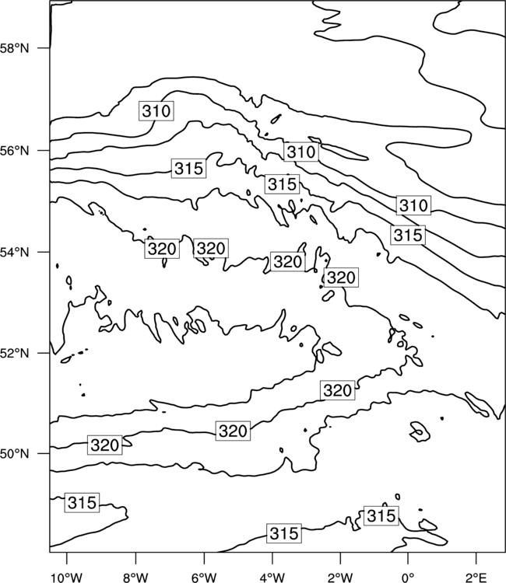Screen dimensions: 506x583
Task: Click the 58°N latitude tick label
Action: [14, 48]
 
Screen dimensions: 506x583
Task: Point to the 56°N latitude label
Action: [14, 151]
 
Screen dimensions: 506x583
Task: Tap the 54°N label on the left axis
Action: [14, 253]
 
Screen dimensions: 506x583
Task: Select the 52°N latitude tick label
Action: [14, 353]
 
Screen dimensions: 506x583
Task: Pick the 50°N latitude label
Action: [14, 454]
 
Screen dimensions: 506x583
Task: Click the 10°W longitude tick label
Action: [67, 578]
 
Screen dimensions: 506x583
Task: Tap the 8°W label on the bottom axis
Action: [135, 578]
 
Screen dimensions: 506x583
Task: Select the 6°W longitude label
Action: [204, 578]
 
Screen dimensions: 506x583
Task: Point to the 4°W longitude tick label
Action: [272, 578]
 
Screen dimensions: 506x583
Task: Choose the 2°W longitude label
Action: [340, 578]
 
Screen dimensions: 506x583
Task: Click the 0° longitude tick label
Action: [408, 578]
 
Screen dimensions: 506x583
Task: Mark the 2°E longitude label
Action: [476, 578]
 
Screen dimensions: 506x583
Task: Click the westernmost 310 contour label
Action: [156, 111]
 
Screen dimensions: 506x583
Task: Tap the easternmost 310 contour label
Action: [413, 205]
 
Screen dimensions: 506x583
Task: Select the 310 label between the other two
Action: [301, 152]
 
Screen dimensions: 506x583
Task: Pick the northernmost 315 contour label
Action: [188, 169]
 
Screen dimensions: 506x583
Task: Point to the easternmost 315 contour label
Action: [408, 235]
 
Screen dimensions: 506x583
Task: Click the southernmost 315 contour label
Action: [284, 533]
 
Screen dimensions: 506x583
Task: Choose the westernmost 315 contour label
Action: [82, 503]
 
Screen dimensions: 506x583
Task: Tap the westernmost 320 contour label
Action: [104, 445]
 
